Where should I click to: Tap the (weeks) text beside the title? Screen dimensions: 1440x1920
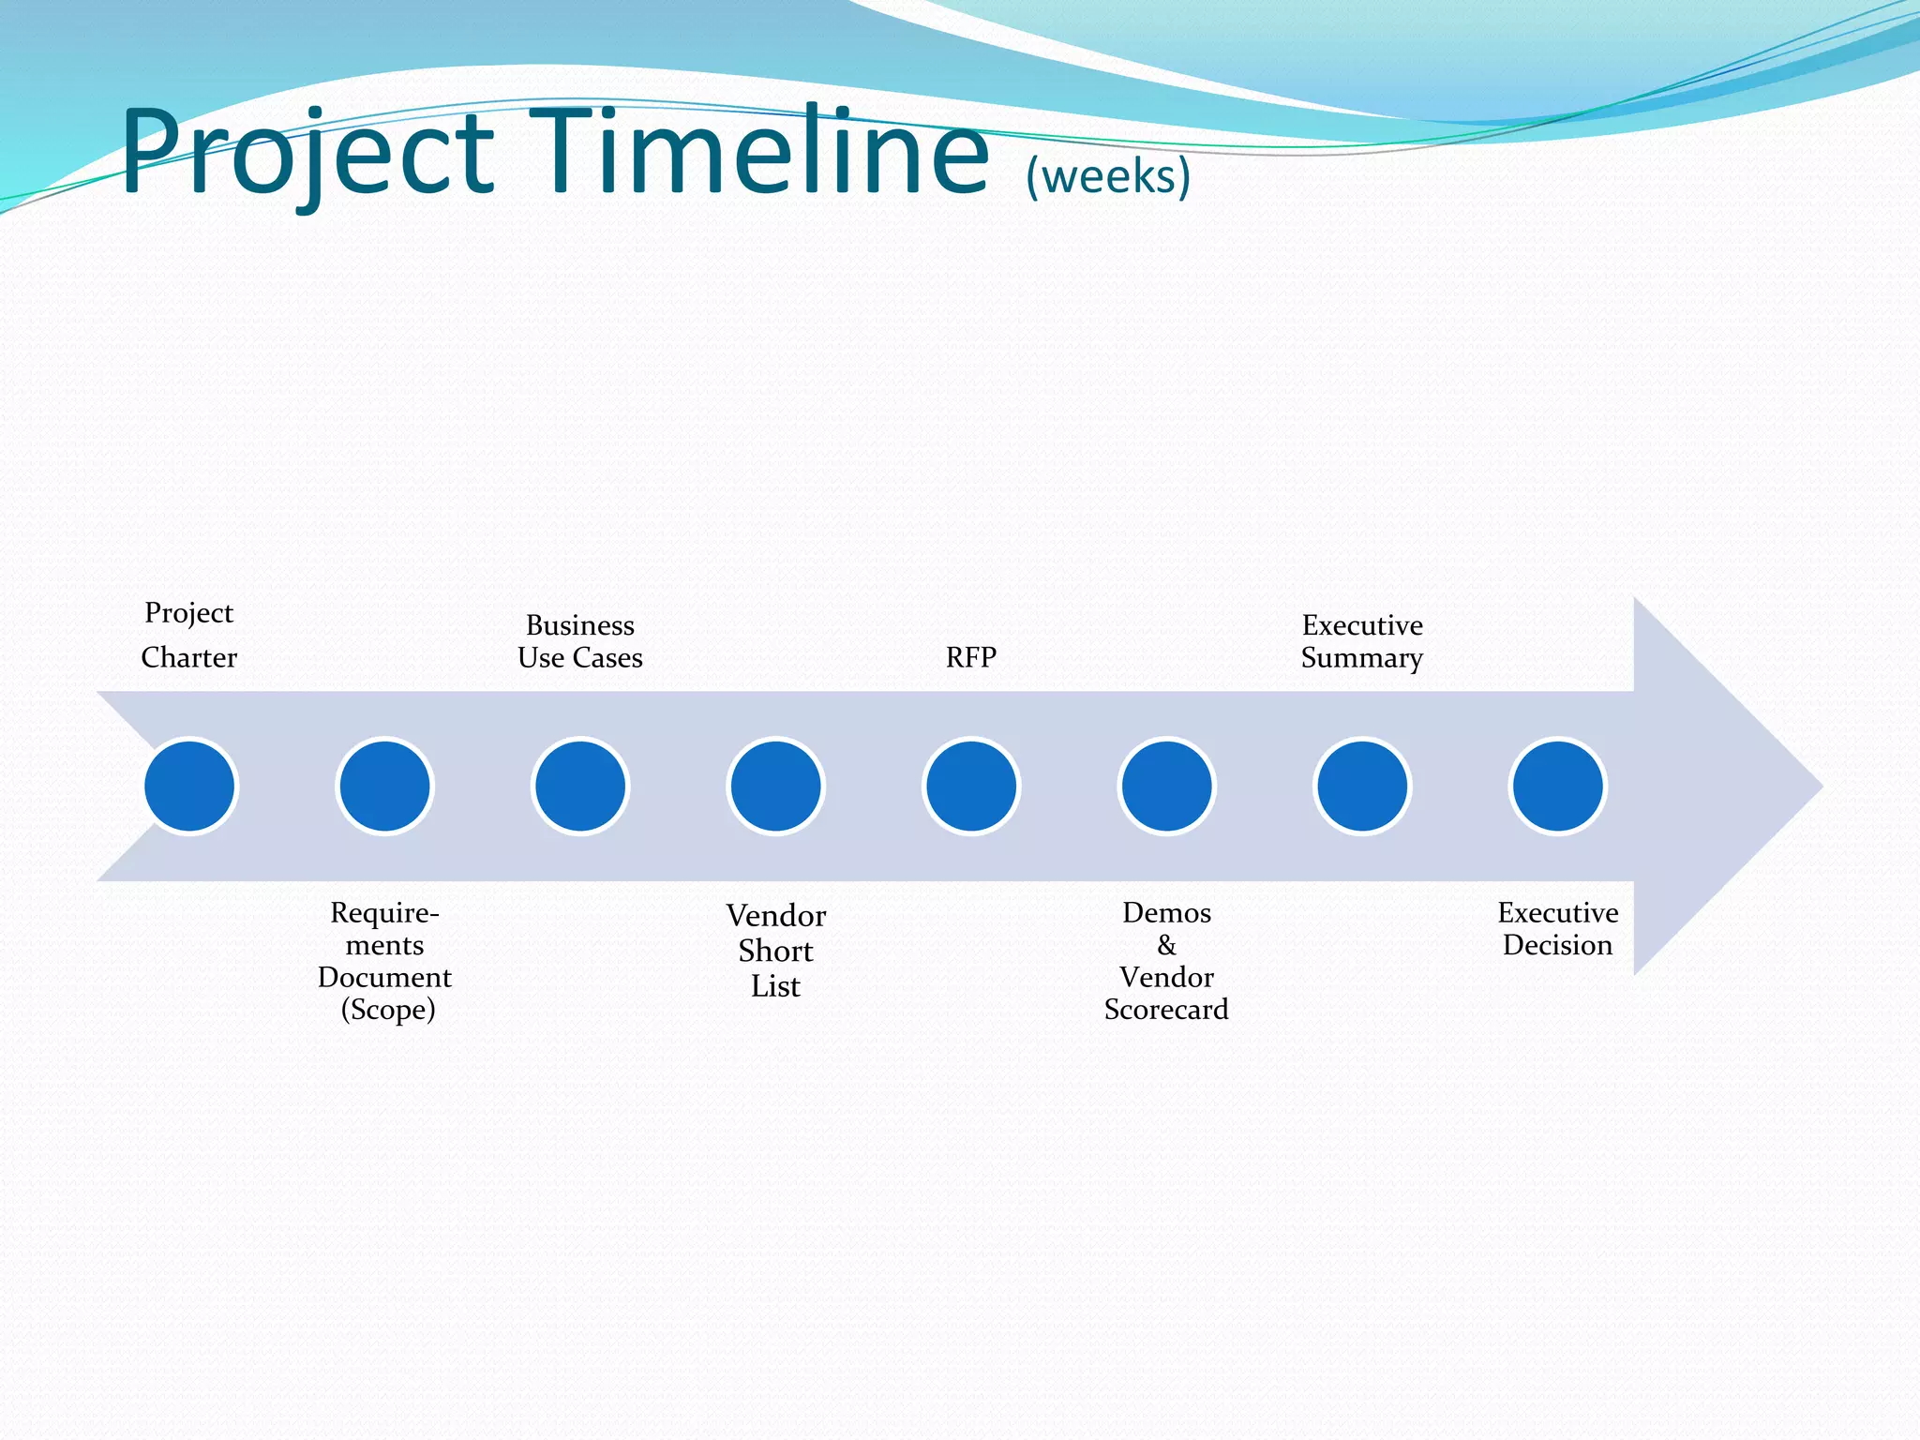tap(1107, 176)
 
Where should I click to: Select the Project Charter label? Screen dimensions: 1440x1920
tap(189, 635)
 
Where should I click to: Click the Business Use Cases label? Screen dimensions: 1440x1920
tap(580, 641)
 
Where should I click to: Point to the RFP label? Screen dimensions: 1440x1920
tap(970, 657)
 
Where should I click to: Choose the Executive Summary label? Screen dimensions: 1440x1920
tap(1362, 641)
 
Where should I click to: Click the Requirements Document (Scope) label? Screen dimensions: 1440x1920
tap(384, 961)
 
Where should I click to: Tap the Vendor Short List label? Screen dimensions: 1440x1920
tap(776, 951)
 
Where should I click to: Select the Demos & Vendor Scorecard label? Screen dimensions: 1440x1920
tap(1166, 961)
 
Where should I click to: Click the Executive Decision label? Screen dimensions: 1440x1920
tap(1557, 929)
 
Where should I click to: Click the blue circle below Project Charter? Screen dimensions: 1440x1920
tap(189, 787)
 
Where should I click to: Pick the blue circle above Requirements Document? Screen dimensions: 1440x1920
tap(384, 787)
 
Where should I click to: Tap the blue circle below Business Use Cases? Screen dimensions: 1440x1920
tap(580, 787)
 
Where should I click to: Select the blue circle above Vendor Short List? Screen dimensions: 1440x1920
tap(776, 787)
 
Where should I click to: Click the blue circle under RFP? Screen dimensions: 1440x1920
tap(971, 787)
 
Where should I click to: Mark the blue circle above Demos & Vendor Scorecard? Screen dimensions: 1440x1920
tap(1167, 787)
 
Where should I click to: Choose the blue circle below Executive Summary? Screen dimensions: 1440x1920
tap(1362, 787)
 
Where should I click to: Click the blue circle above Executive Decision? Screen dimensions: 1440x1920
tap(1558, 787)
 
